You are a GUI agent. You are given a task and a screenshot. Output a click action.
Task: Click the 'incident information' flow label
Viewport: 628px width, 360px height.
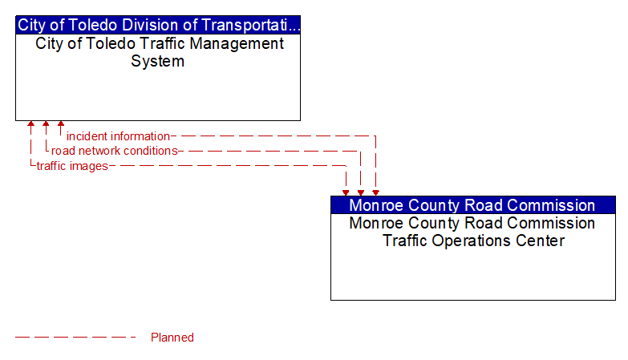(x=118, y=136)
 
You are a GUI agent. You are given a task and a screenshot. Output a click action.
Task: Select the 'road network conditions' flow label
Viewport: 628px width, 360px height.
(x=114, y=151)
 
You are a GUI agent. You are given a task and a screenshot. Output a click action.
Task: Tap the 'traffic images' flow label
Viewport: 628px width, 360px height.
(x=72, y=166)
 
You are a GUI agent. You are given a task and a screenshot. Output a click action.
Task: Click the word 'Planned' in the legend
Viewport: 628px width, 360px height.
(x=172, y=338)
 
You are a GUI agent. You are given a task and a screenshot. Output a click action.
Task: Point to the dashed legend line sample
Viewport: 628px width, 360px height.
(x=76, y=338)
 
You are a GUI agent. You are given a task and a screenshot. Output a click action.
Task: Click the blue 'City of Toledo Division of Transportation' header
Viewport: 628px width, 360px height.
(x=158, y=25)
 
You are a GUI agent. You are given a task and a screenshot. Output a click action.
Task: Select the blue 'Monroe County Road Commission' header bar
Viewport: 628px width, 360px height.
(x=472, y=205)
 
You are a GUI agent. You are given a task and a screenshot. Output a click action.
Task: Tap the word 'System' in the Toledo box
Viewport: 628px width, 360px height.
(x=158, y=62)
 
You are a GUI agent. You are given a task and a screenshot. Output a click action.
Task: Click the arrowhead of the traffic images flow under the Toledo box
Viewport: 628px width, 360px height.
(x=31, y=125)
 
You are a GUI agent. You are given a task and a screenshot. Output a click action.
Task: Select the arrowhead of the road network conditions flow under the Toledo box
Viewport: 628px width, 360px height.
(x=46, y=125)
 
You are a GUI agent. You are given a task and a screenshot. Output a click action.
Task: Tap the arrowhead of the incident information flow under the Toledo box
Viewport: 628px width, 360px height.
(x=61, y=125)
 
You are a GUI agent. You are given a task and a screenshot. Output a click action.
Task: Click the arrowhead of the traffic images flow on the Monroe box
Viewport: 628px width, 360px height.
(x=346, y=192)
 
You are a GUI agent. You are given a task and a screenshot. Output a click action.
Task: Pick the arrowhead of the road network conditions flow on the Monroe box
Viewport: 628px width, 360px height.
(x=360, y=192)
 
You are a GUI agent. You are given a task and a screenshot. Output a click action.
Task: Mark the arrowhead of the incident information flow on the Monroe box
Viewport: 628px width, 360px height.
(x=375, y=192)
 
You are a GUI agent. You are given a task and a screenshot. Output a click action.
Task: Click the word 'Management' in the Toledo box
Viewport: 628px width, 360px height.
(x=233, y=44)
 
